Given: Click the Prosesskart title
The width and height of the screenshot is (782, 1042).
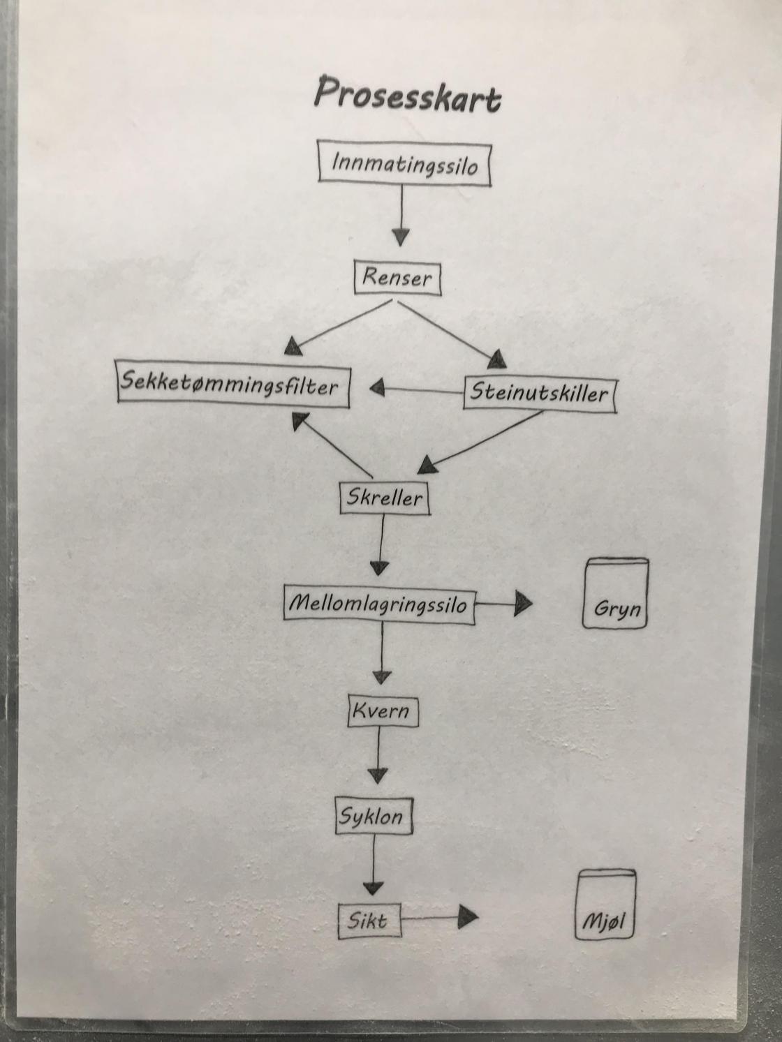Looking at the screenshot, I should (x=407, y=95).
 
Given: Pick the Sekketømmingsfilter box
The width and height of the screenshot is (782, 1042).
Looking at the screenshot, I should (x=233, y=385).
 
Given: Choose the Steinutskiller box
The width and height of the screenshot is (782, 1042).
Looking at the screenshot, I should (x=539, y=393).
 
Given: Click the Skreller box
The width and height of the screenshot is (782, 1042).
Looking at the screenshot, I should (x=384, y=498).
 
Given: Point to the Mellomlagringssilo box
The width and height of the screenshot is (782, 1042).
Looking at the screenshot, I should (x=379, y=604).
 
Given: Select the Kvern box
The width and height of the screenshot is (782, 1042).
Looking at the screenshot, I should (x=383, y=711).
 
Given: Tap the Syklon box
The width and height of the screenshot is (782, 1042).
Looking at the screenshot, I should (x=373, y=816).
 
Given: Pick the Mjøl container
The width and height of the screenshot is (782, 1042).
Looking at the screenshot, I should (x=606, y=905).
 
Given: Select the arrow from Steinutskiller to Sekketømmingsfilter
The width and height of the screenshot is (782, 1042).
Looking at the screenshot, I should (x=416, y=389).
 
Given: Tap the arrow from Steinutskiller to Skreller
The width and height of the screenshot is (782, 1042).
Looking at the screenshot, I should (x=482, y=440).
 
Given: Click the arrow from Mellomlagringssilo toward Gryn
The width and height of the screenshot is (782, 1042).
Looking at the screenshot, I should (x=503, y=604).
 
